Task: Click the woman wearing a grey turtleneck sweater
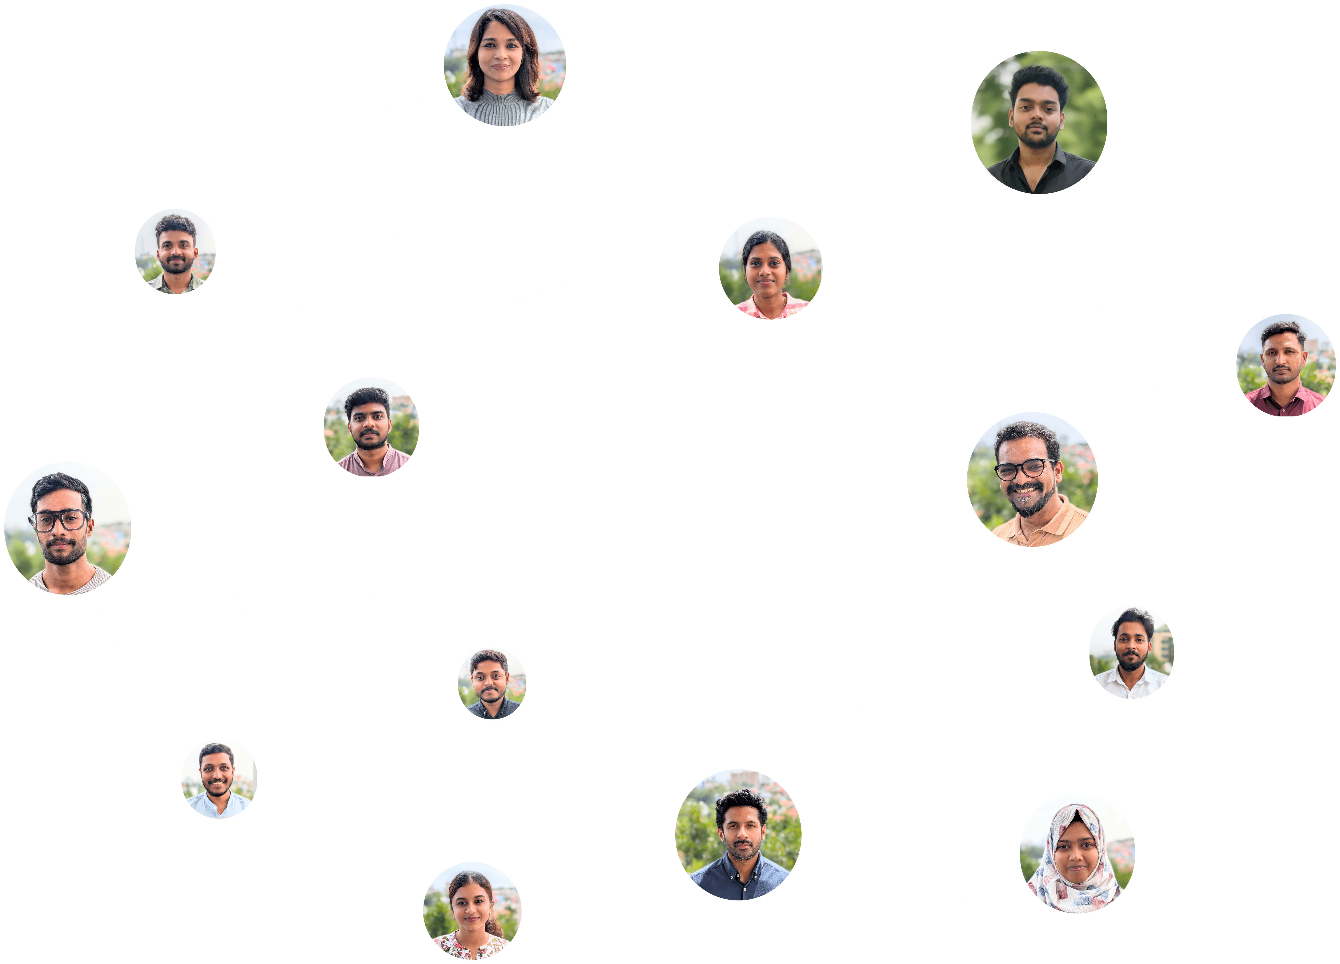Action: pyautogui.click(x=504, y=65)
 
